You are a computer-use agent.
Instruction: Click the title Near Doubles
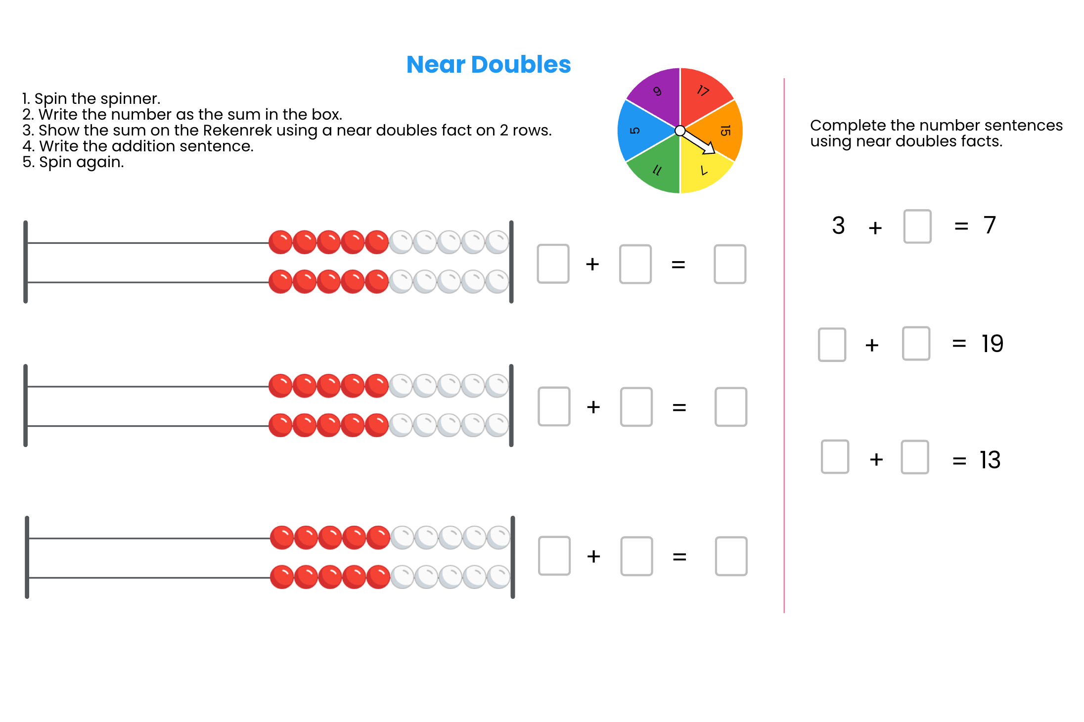pyautogui.click(x=488, y=65)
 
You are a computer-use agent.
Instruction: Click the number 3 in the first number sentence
pyautogui.click(x=838, y=226)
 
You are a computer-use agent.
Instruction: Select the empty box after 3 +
pyautogui.click(x=917, y=226)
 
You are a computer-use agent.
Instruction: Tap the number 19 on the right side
pyautogui.click(x=993, y=344)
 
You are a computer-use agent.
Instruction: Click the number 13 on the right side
pyautogui.click(x=991, y=460)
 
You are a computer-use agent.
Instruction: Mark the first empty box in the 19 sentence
pyautogui.click(x=832, y=344)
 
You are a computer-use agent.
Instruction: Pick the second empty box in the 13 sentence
pyautogui.click(x=914, y=457)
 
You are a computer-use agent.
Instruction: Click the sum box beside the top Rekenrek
pyautogui.click(x=729, y=264)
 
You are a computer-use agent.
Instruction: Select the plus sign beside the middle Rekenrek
pyautogui.click(x=593, y=407)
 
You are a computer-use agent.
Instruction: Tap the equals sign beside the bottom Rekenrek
pyautogui.click(x=679, y=557)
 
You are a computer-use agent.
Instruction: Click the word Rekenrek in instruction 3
pyautogui.click(x=237, y=130)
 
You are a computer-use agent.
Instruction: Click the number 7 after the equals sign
pyautogui.click(x=990, y=226)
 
